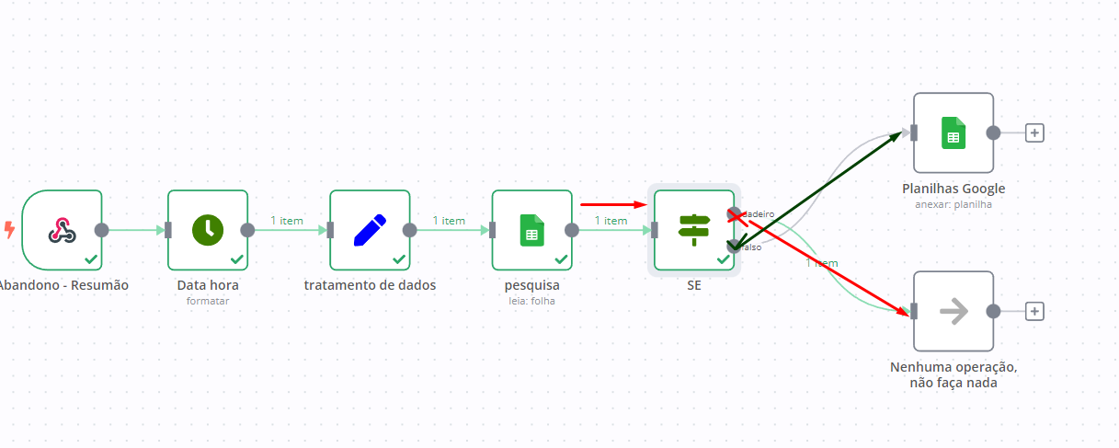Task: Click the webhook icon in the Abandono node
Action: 62,230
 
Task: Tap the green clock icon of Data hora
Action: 208,230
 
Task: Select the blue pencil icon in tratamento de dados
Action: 370,230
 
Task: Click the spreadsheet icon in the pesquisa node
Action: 531,230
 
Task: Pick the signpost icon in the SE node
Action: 693,230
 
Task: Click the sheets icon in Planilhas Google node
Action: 953,132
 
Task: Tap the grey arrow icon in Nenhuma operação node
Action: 953,311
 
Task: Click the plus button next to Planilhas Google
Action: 1034,132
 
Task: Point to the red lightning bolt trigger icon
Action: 9,229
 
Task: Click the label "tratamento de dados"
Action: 370,285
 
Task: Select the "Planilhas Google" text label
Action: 953,189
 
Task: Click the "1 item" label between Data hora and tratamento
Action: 287,221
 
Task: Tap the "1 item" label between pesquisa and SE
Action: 611,221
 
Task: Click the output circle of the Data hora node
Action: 247,230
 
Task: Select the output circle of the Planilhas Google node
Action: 993,132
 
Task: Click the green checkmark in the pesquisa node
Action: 561,259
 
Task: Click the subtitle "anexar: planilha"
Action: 953,204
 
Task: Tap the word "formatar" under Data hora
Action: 208,301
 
